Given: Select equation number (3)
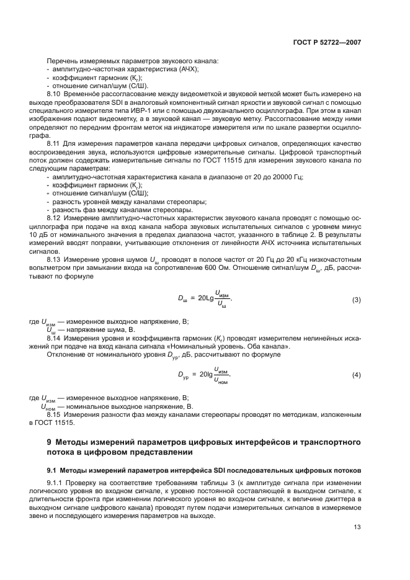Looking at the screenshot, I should [357, 300].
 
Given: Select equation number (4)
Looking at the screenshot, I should [357, 376].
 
